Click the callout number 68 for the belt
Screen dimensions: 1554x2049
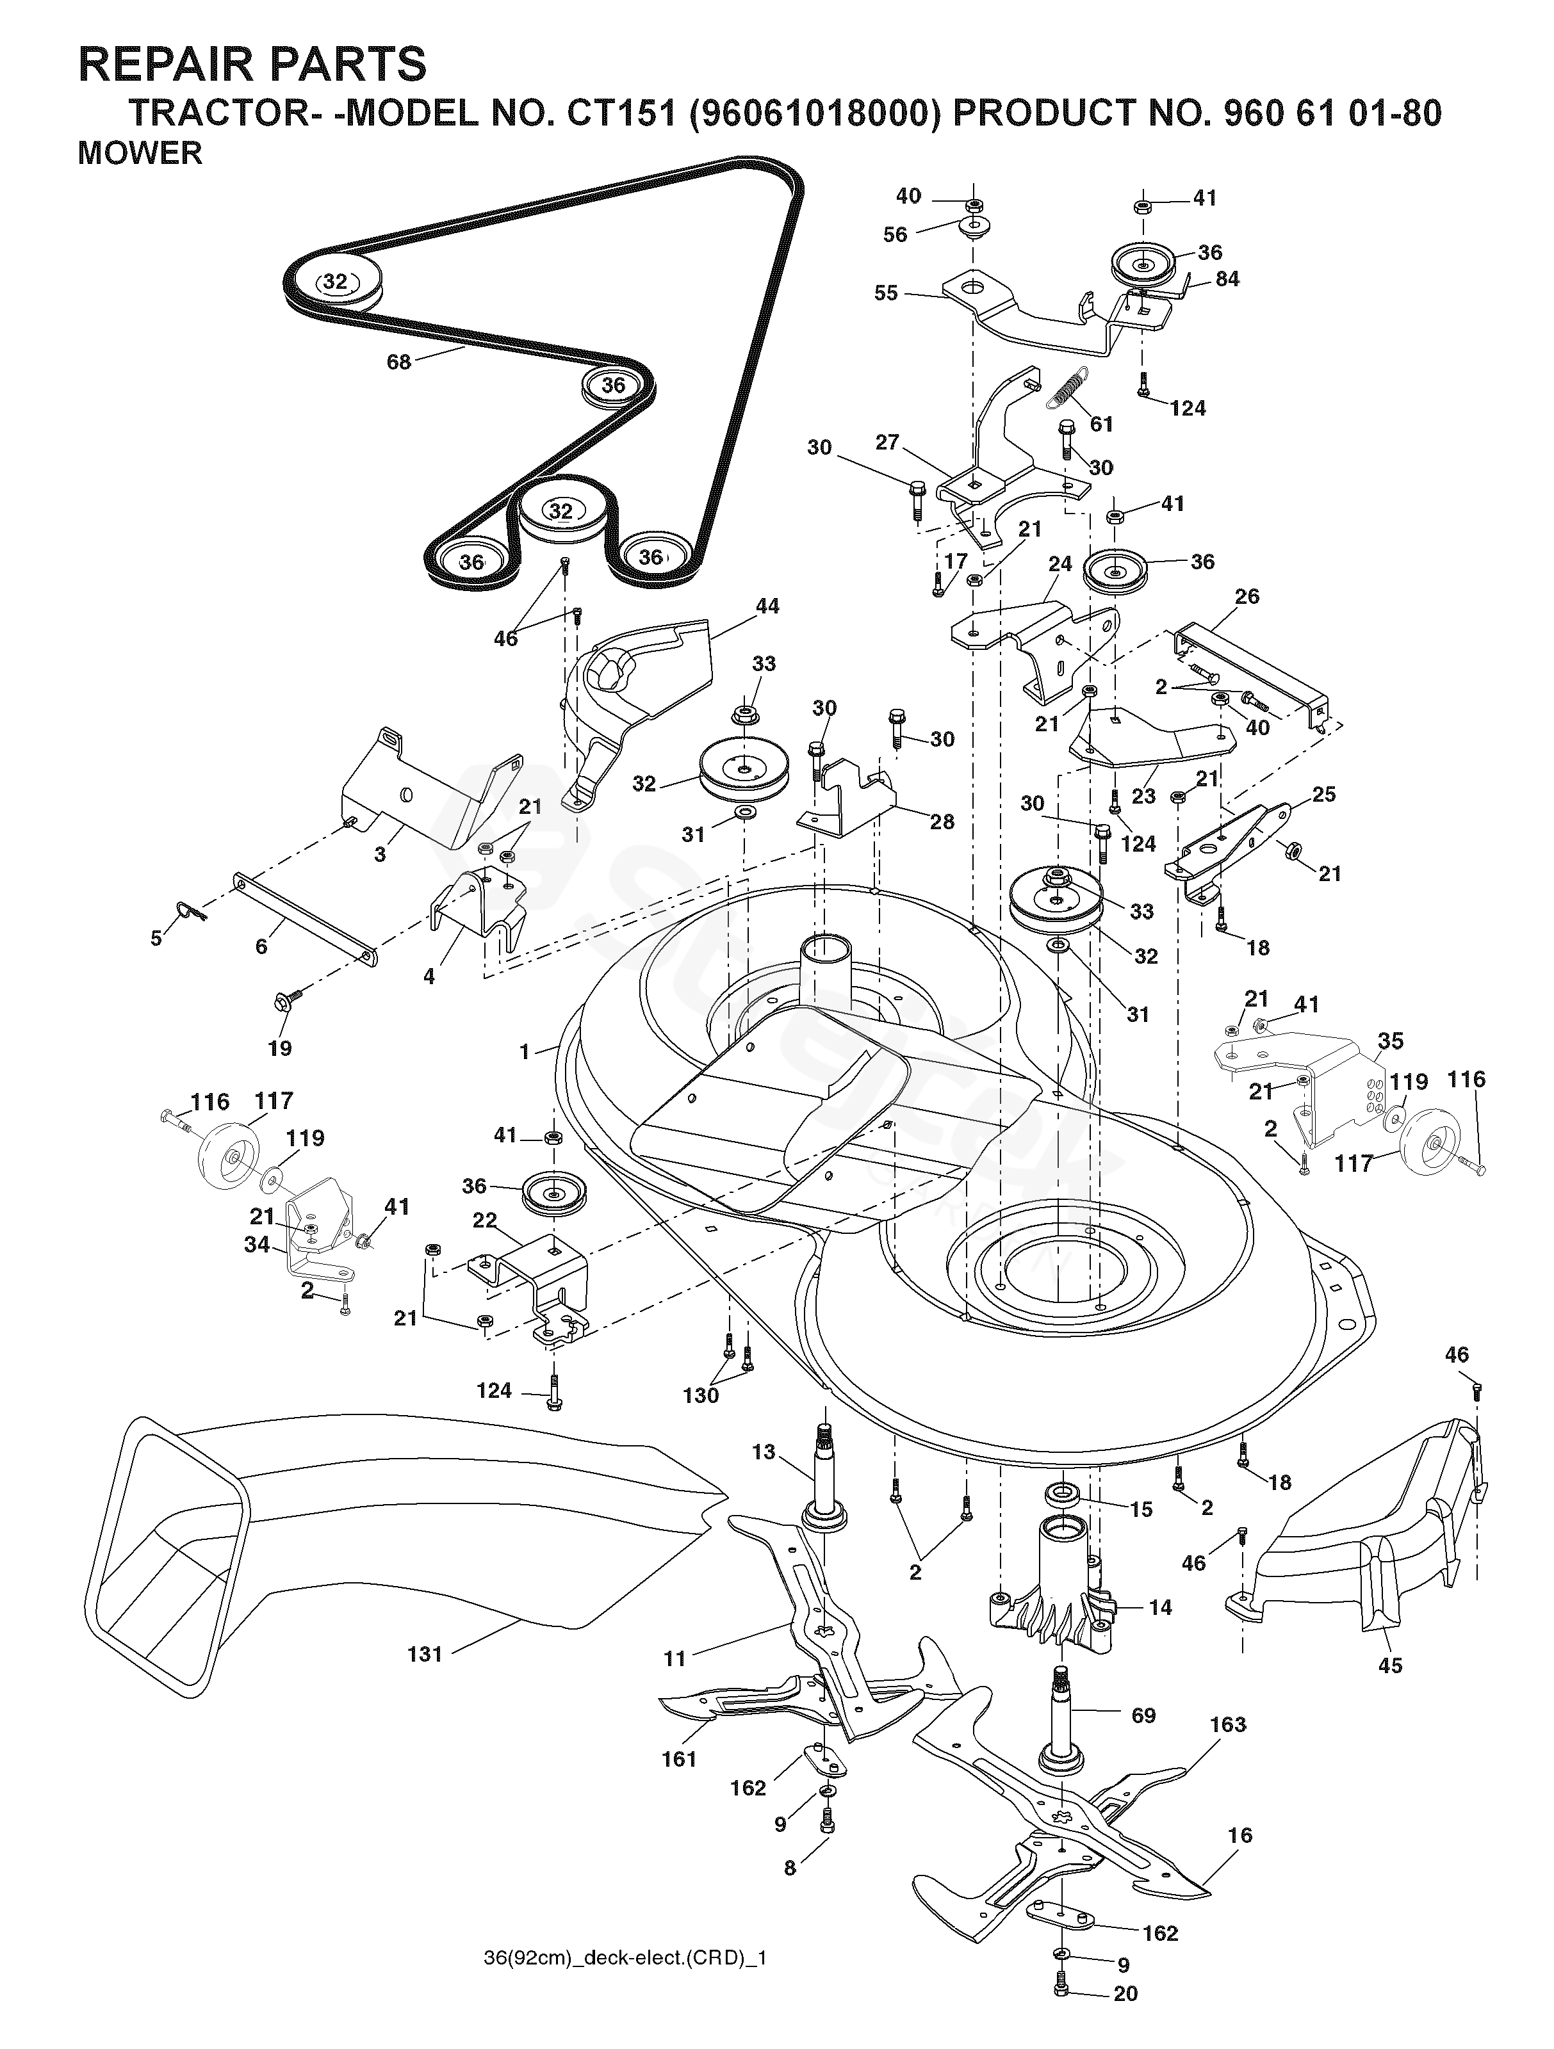(398, 362)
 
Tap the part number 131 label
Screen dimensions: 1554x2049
(425, 1653)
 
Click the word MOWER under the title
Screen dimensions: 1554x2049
(140, 153)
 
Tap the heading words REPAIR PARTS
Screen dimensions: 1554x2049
(252, 65)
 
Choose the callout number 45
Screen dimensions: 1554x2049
(1390, 1665)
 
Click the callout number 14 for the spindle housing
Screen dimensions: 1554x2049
(1160, 1607)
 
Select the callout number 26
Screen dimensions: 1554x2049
(1247, 597)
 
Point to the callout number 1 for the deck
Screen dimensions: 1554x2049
(525, 1051)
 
